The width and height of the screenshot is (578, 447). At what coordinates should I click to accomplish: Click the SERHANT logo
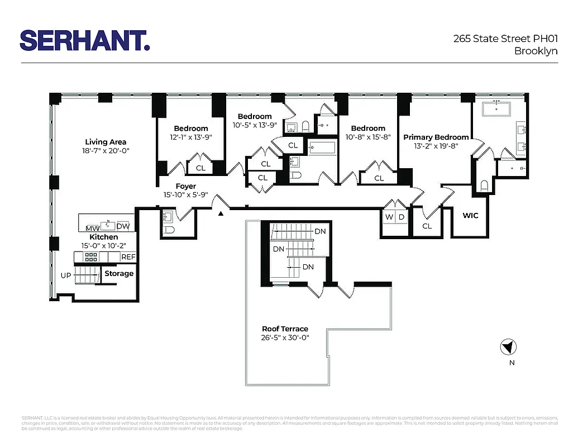[85, 40]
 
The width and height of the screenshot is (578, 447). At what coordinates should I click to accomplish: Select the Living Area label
[106, 142]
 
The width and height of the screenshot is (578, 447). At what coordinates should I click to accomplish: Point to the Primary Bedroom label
[436, 137]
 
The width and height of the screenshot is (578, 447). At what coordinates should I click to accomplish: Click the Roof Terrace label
[285, 329]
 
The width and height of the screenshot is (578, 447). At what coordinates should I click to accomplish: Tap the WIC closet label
[470, 216]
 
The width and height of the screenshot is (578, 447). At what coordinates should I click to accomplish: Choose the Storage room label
[119, 273]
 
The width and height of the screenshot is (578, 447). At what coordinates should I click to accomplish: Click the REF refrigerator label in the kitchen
[128, 257]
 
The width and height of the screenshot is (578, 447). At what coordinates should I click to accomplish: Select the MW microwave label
[92, 227]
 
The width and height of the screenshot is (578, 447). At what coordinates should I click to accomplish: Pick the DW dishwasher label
[123, 226]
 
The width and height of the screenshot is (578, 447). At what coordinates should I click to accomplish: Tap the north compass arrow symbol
[508, 348]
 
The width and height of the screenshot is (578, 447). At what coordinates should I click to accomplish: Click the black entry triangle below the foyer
[222, 213]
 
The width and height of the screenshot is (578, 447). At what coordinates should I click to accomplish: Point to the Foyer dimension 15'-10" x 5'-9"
[185, 194]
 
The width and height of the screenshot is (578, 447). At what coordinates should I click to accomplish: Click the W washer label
[389, 217]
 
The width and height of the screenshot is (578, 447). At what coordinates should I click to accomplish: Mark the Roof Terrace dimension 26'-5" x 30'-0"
[285, 337]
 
